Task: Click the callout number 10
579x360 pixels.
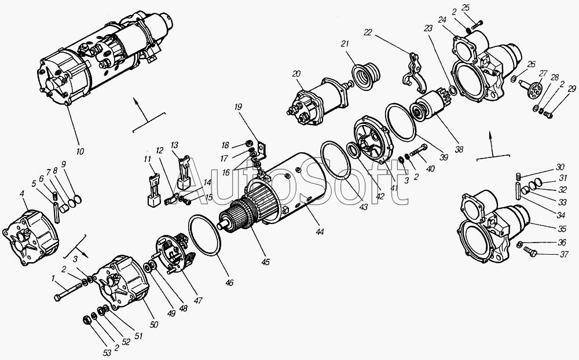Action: [80, 151]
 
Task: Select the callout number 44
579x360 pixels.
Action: [320, 232]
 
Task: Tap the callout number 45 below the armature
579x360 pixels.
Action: [265, 262]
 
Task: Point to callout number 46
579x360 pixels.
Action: [229, 283]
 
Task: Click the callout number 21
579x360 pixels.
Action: [345, 44]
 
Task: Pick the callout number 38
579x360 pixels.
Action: [459, 149]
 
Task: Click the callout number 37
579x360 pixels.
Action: [564, 255]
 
